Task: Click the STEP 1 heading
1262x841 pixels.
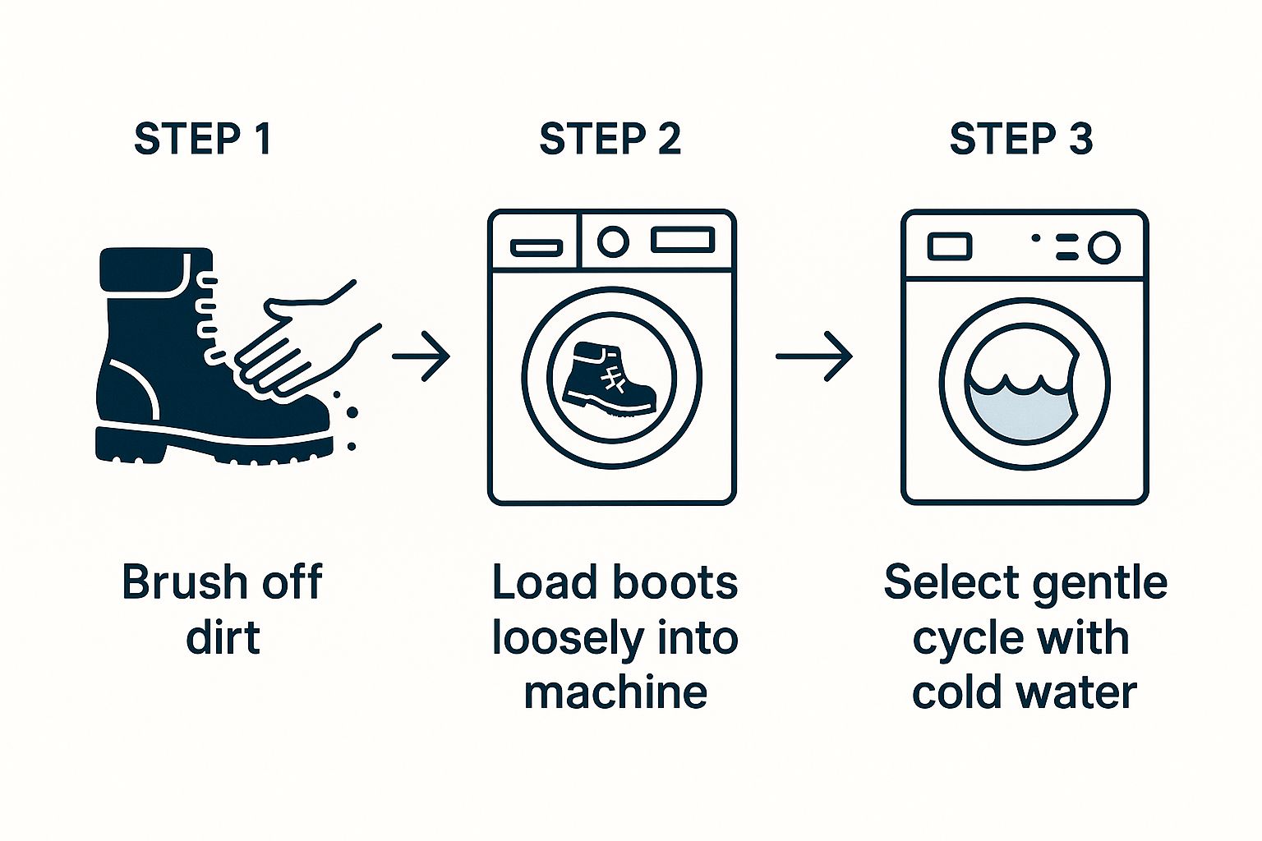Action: pyautogui.click(x=202, y=139)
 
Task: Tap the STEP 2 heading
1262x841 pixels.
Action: pyautogui.click(x=610, y=139)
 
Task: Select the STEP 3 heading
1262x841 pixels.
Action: pyautogui.click(x=1020, y=139)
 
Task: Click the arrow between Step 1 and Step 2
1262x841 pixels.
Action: pyautogui.click(x=421, y=356)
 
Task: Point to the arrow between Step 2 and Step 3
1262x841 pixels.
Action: pyautogui.click(x=814, y=356)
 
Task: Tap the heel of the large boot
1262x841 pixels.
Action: pyautogui.click(x=123, y=443)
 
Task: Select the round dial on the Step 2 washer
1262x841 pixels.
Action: pyautogui.click(x=612, y=241)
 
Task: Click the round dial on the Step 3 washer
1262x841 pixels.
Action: pyautogui.click(x=1103, y=247)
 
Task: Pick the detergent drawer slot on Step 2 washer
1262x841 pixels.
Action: pyautogui.click(x=536, y=247)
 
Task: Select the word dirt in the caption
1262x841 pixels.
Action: pyautogui.click(x=223, y=638)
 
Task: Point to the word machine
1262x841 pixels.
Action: pyautogui.click(x=615, y=692)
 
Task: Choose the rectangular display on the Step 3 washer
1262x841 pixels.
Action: pyautogui.click(x=949, y=246)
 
